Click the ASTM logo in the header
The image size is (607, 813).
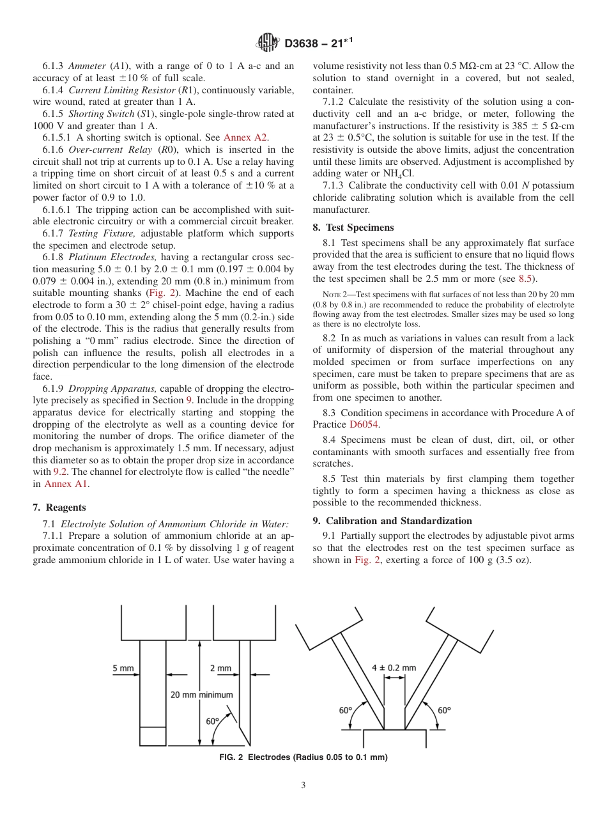pyautogui.click(x=268, y=43)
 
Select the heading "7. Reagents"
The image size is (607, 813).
pyautogui.click(x=59, y=507)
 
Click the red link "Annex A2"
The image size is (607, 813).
pyautogui.click(x=246, y=137)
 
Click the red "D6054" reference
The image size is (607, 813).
pyautogui.click(x=362, y=424)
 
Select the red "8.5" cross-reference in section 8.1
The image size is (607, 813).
pyautogui.click(x=525, y=279)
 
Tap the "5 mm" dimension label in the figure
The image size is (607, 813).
pyautogui.click(x=123, y=669)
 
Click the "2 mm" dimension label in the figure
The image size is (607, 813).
pyautogui.click(x=220, y=669)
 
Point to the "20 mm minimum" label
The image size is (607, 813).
pyautogui.click(x=201, y=695)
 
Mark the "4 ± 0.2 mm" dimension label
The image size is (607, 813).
pyautogui.click(x=394, y=668)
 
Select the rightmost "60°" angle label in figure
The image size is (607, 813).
pyautogui.click(x=444, y=710)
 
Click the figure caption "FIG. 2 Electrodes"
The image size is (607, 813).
pyautogui.click(x=303, y=757)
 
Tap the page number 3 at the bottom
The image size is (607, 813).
pyautogui.click(x=303, y=786)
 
